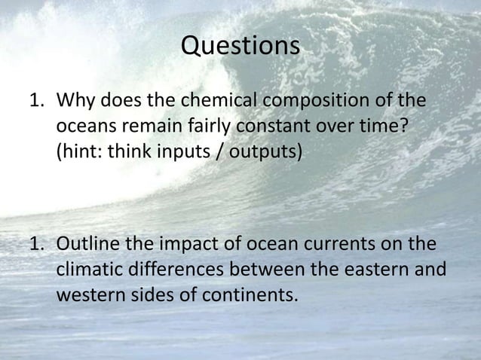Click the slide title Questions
tap(240, 46)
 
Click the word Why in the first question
tap(78, 101)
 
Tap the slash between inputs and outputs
tap(217, 151)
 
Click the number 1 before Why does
tap(35, 101)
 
